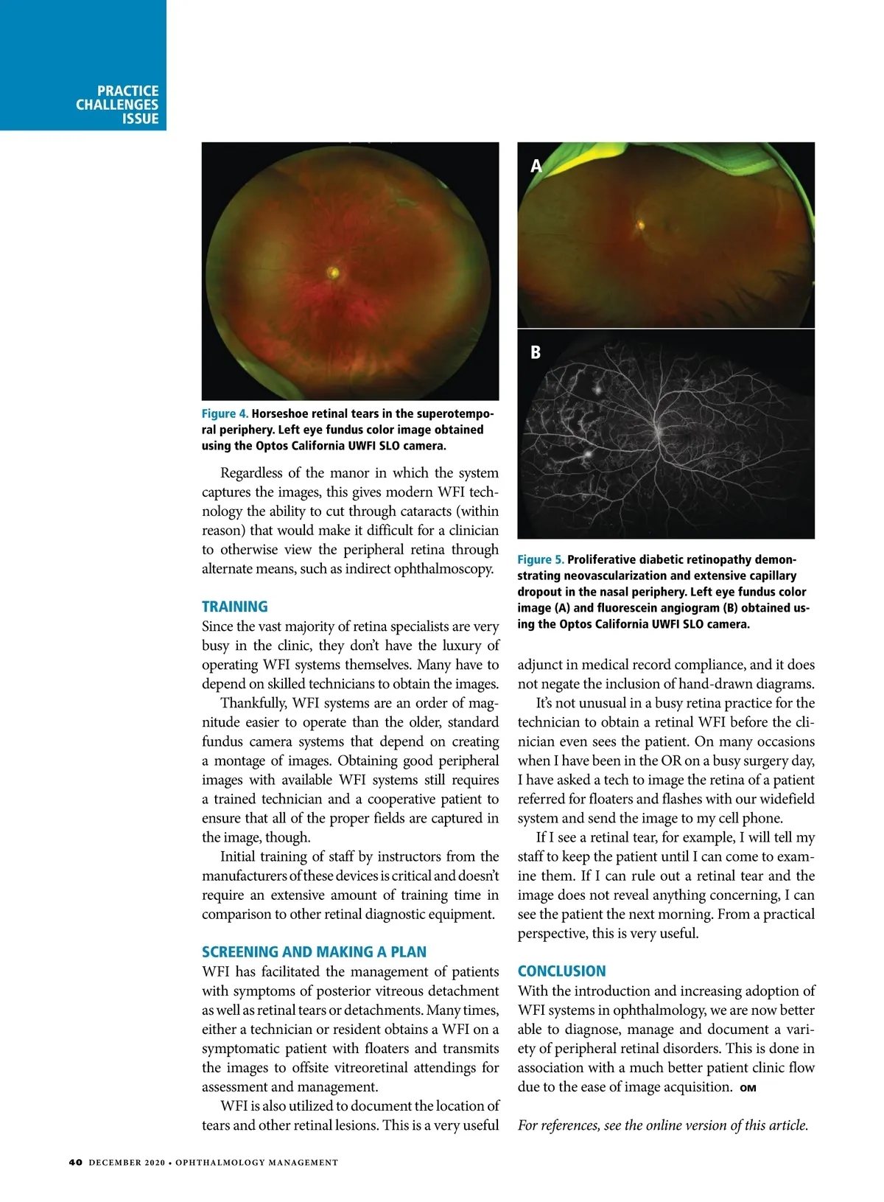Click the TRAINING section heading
(x=235, y=607)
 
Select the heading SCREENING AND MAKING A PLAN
(x=314, y=951)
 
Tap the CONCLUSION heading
(x=561, y=971)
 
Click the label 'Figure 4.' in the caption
(x=225, y=413)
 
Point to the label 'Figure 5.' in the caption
(x=540, y=560)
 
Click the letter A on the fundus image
(x=536, y=166)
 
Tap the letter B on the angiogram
(x=536, y=352)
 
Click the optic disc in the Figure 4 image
(x=334, y=273)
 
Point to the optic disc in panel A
(x=641, y=225)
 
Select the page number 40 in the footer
(x=75, y=1162)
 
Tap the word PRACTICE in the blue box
(x=127, y=91)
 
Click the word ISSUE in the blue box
(x=141, y=119)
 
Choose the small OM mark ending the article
(x=748, y=1089)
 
